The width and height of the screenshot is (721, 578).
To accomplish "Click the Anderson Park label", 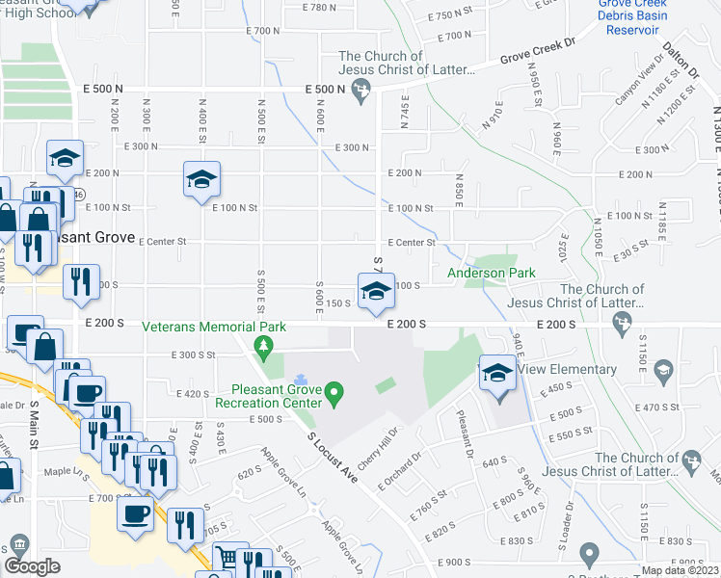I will click(x=492, y=274).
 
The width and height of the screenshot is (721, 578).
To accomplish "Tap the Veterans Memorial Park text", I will click(x=214, y=327).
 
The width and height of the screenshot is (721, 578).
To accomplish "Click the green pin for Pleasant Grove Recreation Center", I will click(x=334, y=392).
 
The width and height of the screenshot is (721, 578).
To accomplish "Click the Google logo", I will click(x=32, y=566).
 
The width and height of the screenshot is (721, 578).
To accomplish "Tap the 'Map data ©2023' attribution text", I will click(x=680, y=570).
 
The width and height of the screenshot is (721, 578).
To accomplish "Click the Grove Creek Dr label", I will click(x=536, y=52).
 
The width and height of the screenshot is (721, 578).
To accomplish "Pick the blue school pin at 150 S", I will click(x=375, y=290).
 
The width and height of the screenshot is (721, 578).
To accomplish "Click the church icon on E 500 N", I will click(x=360, y=93).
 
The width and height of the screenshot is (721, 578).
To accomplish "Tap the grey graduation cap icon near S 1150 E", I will click(x=663, y=370).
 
